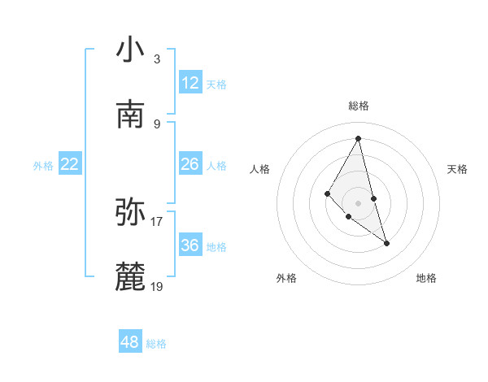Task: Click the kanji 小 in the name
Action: pyautogui.click(x=130, y=50)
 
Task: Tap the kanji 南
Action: pyautogui.click(x=130, y=114)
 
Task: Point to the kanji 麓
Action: pyautogui.click(x=130, y=276)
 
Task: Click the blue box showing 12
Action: pyautogui.click(x=190, y=83)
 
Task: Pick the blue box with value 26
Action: pyautogui.click(x=190, y=164)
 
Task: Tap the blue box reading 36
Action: pyautogui.click(x=190, y=245)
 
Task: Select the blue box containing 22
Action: pyautogui.click(x=70, y=164)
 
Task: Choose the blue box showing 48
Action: pyautogui.click(x=130, y=342)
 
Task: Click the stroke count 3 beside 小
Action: pyautogui.click(x=157, y=59)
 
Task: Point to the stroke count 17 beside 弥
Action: pyautogui.click(x=157, y=221)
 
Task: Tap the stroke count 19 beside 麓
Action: pyautogui.click(x=157, y=286)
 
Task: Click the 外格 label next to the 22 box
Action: pyautogui.click(x=43, y=166)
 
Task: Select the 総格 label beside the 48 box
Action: pyautogui.click(x=156, y=344)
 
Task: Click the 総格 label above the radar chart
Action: pyautogui.click(x=358, y=106)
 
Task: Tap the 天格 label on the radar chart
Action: pyautogui.click(x=457, y=169)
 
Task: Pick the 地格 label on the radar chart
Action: pyautogui.click(x=426, y=278)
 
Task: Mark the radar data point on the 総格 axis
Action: pyautogui.click(x=358, y=138)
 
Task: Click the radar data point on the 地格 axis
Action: pyautogui.click(x=386, y=243)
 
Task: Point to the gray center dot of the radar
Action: pyautogui.click(x=358, y=203)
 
